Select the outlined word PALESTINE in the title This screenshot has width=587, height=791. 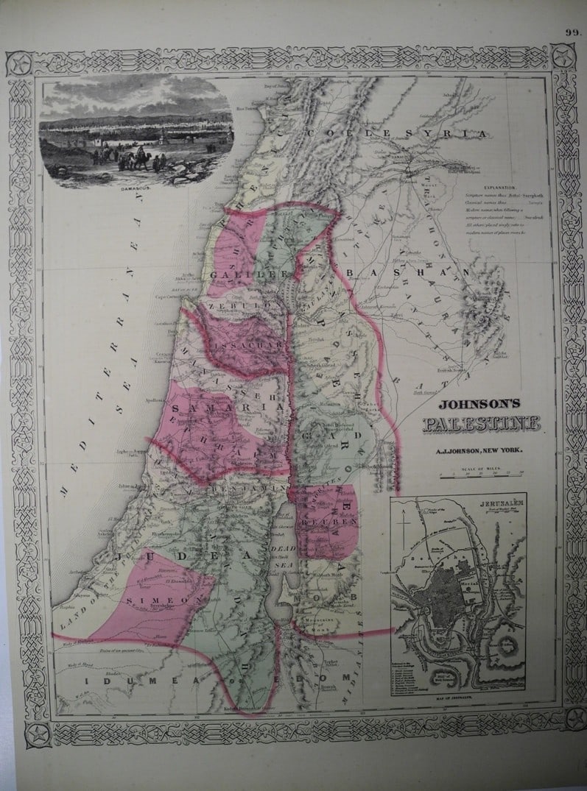481,425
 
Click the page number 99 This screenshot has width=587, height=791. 573,32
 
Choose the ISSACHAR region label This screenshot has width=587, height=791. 257,344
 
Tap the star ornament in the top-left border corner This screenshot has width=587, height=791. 18,63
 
